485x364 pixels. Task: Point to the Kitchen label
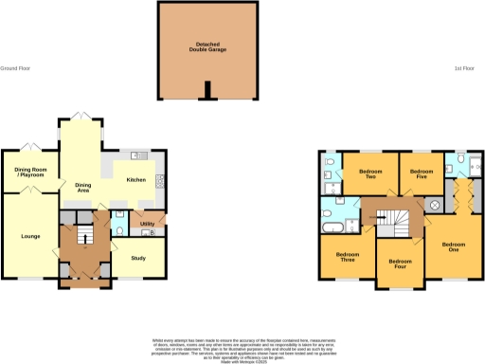[x=136, y=179]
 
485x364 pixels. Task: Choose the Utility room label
[x=147, y=224]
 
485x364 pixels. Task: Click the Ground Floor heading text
[x=16, y=68]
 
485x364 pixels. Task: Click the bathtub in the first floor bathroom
[x=334, y=229]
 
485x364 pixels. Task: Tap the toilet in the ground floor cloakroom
[x=118, y=229]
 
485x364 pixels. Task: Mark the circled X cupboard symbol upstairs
[x=434, y=205]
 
